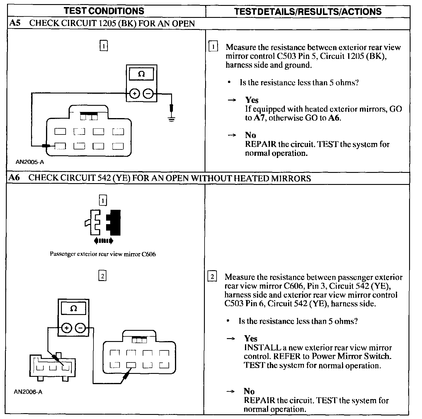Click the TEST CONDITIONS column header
click(x=104, y=11)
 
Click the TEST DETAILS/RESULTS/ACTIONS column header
click(x=308, y=11)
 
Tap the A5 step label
click(x=15, y=23)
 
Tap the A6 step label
click(x=14, y=178)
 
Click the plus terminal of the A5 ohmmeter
click(x=134, y=94)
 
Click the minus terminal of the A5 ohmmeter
click(x=148, y=94)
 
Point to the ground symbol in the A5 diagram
click(x=171, y=118)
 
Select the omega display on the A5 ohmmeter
click(x=141, y=74)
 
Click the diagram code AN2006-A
click(x=28, y=392)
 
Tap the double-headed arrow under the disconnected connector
click(x=103, y=241)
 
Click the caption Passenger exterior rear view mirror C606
click(x=103, y=254)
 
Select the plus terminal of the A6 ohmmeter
click(x=67, y=328)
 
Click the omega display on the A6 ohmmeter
click(x=74, y=309)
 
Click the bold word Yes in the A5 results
click(x=252, y=100)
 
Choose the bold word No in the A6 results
click(x=249, y=391)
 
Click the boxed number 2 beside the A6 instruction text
click(x=212, y=277)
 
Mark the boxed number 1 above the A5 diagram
click(x=104, y=46)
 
